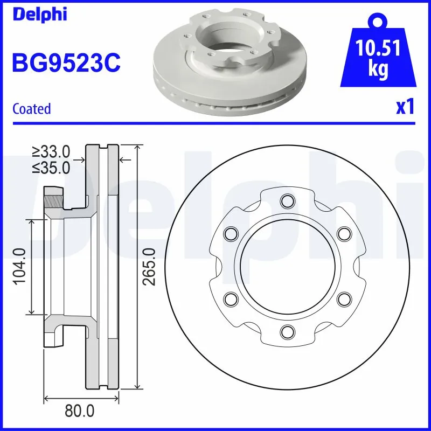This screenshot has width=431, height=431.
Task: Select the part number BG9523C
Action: pos(66,62)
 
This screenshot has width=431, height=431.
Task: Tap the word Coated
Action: pos(31,108)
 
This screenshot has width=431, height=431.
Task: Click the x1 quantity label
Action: pos(405,107)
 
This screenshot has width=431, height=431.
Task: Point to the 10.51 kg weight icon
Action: pos(379,59)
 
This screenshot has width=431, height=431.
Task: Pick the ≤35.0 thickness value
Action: pos(52,168)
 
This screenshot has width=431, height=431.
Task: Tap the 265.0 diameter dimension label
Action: pos(150,267)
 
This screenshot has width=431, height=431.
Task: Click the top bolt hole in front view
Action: pos(287,201)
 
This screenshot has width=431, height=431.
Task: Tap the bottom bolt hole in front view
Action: pos(287,331)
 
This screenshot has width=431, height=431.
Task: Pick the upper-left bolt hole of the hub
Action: pos(231,234)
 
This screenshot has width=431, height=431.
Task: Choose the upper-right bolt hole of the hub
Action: pos(343,234)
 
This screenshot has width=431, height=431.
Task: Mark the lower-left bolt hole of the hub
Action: pos(231,298)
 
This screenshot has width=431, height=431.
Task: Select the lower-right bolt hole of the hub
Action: pos(343,298)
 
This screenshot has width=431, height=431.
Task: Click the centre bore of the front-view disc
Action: pos(287,266)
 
